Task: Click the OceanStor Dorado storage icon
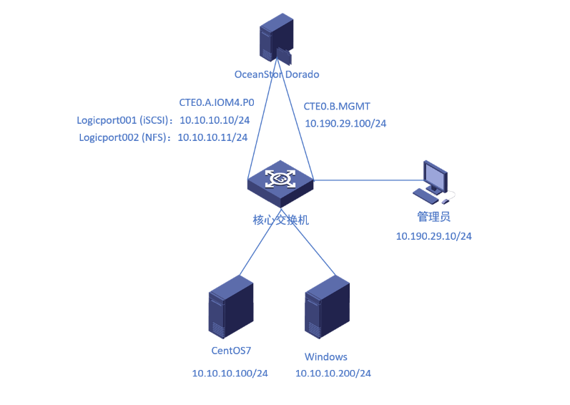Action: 276,42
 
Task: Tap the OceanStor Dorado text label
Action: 277,74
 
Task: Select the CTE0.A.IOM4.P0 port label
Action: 217,102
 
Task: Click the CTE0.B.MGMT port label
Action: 337,106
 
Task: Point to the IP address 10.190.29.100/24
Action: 345,123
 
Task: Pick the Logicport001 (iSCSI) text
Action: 122,119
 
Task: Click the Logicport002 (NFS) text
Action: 122,137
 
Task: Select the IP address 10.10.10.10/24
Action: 214,119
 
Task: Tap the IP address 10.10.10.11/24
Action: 212,137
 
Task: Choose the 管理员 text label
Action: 433,216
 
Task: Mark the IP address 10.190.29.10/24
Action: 434,235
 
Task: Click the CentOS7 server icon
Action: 231,308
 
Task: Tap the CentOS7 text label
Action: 231,351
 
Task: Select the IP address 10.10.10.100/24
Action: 230,374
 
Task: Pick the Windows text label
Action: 326,356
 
